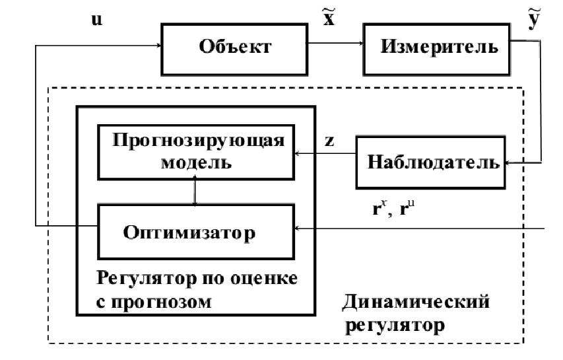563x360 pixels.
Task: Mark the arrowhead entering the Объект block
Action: [x=159, y=46]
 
